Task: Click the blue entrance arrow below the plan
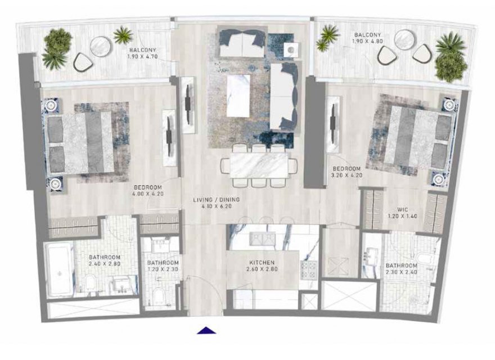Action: (206, 330)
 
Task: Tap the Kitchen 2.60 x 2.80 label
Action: (262, 265)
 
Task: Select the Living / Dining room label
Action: (217, 202)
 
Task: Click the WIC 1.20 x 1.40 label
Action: (403, 213)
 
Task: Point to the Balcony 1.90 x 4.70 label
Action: (143, 53)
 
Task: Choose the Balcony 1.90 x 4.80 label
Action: (367, 38)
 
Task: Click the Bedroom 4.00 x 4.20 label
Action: (148, 191)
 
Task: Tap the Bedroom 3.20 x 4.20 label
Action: (346, 172)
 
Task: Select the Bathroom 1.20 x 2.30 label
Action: (163, 266)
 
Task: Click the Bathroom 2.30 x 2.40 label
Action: (402, 269)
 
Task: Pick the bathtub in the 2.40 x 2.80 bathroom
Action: (60, 269)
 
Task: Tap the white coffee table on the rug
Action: (238, 96)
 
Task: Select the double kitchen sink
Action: (262, 238)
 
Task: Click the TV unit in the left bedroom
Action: (169, 138)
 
